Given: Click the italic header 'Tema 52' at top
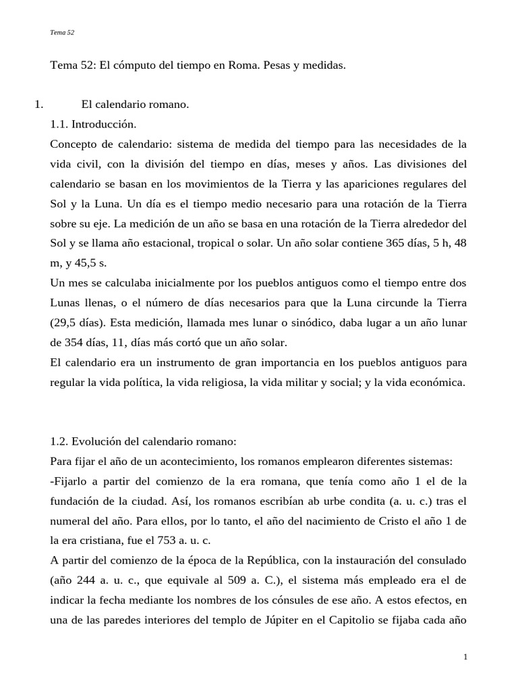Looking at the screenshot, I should click(62, 32).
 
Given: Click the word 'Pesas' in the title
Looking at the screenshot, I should click(275, 66).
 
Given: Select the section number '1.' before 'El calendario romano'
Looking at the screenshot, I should click(38, 105).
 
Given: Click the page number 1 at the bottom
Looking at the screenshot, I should click(465, 658).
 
